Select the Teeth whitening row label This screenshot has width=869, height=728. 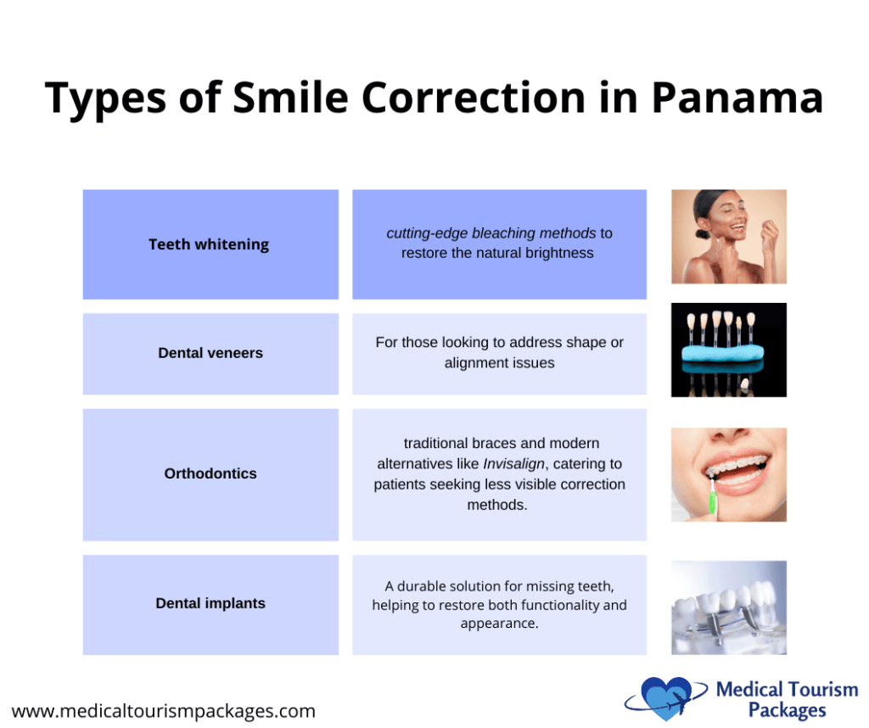click(x=209, y=244)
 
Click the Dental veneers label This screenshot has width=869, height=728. click(x=210, y=353)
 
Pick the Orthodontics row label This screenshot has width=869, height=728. click(x=210, y=473)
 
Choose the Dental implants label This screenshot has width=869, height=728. click(x=210, y=603)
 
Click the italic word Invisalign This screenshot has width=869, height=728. click(x=513, y=464)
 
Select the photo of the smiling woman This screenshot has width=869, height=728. click(x=728, y=236)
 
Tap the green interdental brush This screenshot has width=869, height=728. click(x=714, y=497)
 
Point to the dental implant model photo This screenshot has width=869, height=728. click(x=728, y=608)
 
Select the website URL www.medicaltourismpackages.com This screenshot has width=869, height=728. click(x=164, y=711)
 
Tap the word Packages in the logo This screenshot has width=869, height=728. click(x=787, y=710)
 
